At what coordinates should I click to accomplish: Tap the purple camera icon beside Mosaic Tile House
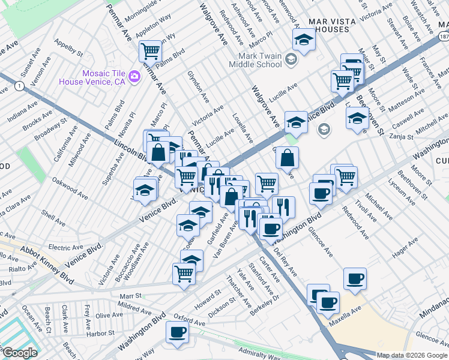134,76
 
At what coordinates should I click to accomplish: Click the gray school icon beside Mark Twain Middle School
291,59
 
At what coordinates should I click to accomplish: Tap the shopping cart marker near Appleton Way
150,51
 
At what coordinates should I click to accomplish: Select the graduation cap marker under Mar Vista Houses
304,40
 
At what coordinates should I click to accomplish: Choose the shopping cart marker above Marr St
184,274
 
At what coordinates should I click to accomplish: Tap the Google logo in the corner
20,353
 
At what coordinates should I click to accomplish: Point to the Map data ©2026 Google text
412,355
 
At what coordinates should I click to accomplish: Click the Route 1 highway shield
20,86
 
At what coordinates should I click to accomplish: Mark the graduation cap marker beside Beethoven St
357,118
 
